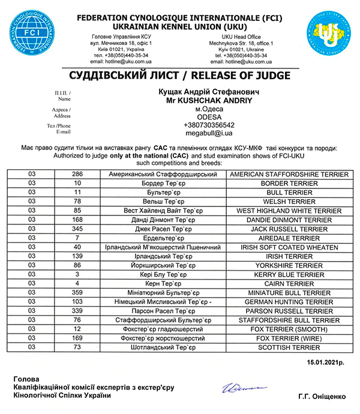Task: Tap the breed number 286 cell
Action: tap(78, 175)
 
